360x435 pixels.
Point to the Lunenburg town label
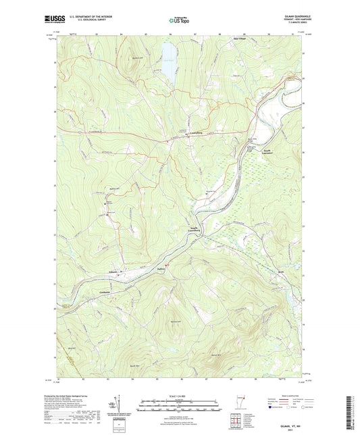(x=195, y=134)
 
